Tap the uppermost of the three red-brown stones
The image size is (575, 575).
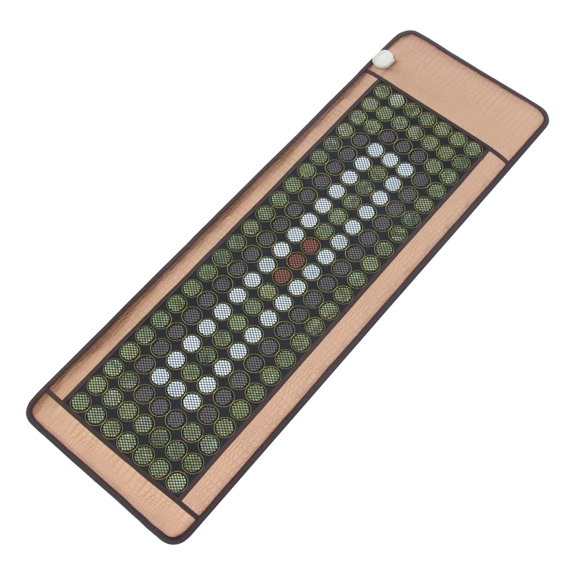point(310,246)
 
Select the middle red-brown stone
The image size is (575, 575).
point(297,260)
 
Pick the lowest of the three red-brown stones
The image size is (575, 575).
point(283,275)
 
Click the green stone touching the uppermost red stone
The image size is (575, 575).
point(324,231)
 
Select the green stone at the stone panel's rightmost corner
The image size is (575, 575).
point(473,149)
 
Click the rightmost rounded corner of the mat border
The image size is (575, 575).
point(543,115)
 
